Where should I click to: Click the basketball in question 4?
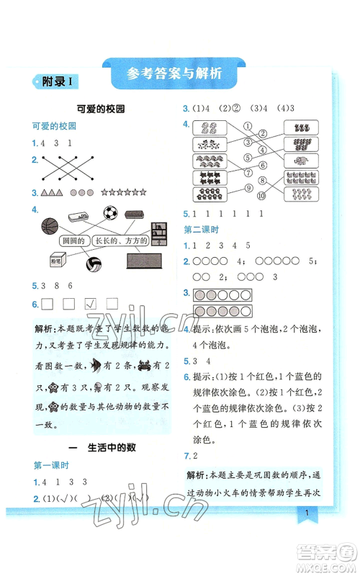click(51, 226)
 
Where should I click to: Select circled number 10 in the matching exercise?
click(263, 196)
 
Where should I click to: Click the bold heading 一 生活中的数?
click(101, 447)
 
